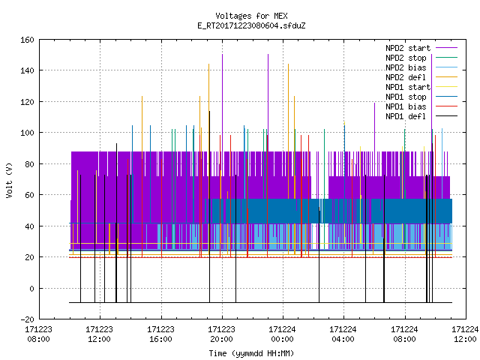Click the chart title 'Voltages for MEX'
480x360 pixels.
tap(251, 16)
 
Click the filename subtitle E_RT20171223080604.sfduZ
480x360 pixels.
tap(251, 25)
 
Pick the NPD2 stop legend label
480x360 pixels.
tap(406, 58)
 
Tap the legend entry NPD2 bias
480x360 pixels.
tap(406, 67)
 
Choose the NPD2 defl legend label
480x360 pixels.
tap(406, 77)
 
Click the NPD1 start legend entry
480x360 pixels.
tap(408, 87)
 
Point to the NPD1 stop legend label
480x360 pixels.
tap(406, 97)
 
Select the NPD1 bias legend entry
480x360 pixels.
tap(406, 106)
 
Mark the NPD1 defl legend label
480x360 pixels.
tap(406, 117)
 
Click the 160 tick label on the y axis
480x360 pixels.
tap(27, 40)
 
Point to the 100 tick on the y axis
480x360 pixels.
tap(27, 133)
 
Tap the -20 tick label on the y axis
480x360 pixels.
tap(27, 319)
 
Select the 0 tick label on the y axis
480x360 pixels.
tap(31, 288)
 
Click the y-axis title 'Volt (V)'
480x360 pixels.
tap(9, 180)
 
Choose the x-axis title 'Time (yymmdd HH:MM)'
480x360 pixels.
tap(251, 353)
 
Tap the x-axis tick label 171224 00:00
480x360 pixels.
tap(282, 334)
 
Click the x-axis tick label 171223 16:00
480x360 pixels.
tap(160, 334)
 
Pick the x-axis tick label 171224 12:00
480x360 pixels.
tap(465, 334)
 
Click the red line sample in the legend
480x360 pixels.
tap(446, 106)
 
